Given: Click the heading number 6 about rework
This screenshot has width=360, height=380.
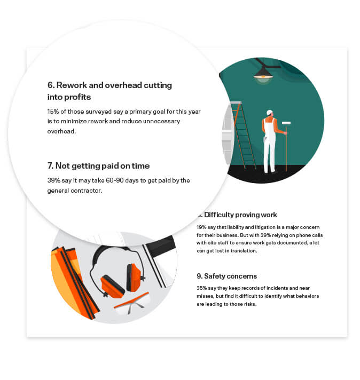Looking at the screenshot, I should [50, 85].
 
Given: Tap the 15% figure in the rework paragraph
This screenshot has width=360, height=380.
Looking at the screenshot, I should [54, 112].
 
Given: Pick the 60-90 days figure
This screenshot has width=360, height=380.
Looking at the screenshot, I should [123, 180].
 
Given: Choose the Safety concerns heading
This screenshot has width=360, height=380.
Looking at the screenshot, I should [226, 276].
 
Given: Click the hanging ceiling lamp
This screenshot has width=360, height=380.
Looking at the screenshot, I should [263, 74].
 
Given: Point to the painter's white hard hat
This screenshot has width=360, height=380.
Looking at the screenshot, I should [270, 113].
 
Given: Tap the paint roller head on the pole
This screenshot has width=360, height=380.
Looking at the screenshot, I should [286, 123].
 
